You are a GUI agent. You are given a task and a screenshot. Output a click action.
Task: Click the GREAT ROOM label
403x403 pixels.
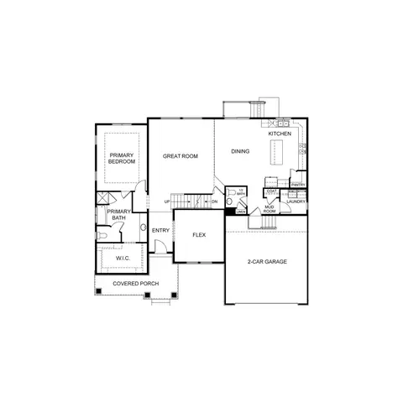(x=181, y=156)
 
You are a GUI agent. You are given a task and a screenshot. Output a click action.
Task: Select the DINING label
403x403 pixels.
(x=240, y=152)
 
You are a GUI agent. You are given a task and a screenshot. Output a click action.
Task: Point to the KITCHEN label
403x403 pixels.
(x=280, y=133)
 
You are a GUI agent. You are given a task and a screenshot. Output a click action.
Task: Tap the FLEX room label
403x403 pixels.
(x=199, y=234)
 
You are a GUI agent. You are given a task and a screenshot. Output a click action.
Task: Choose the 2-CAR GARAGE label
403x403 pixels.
(x=267, y=262)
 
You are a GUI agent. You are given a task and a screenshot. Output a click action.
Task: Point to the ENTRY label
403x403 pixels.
(x=161, y=230)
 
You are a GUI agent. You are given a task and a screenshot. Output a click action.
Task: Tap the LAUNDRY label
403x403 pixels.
(x=296, y=201)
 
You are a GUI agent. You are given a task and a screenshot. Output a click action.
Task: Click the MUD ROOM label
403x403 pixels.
(x=270, y=209)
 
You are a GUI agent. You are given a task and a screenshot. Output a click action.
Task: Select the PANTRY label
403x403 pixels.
(x=297, y=186)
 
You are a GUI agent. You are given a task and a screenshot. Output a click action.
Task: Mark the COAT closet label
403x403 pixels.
(x=271, y=191)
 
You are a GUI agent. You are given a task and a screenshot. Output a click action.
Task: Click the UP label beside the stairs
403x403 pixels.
(x=167, y=202)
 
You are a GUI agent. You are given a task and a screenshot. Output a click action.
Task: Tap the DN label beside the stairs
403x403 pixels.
(x=215, y=202)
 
